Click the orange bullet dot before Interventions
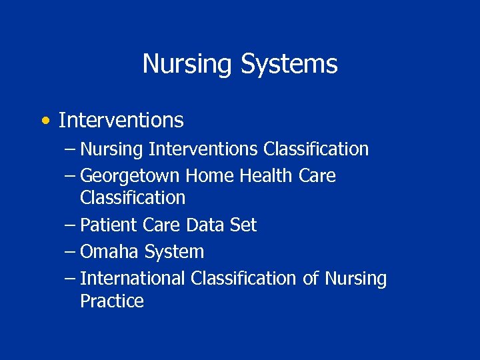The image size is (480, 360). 44,121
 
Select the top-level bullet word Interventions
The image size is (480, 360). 121,121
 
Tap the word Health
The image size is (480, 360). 266,176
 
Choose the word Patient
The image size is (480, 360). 109,225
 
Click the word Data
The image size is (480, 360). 207,225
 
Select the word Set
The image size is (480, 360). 243,225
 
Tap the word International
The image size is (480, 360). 133,279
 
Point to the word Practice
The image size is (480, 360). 112,301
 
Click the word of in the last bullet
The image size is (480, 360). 311,279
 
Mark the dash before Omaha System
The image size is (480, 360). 70,252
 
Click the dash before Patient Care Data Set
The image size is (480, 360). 70,225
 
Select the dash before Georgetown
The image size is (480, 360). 70,176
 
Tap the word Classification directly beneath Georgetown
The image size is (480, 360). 133,198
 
